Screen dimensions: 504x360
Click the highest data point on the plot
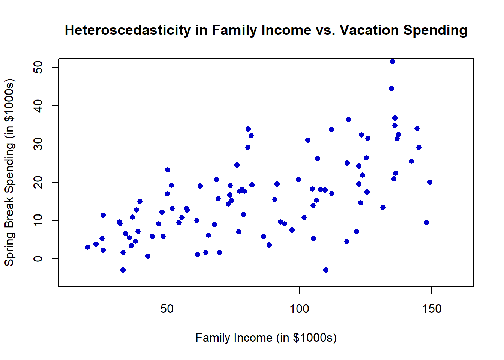(x=393, y=61)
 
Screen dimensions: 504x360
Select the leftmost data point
(x=88, y=247)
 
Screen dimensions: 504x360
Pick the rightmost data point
(x=430, y=182)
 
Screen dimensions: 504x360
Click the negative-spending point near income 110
(x=326, y=270)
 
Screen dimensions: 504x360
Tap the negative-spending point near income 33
(x=123, y=270)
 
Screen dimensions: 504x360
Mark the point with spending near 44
(x=391, y=88)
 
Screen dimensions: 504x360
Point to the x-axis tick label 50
(x=167, y=309)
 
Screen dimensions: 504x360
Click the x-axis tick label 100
(x=299, y=309)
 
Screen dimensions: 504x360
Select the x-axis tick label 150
(x=432, y=309)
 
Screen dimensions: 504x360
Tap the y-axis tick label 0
(x=37, y=258)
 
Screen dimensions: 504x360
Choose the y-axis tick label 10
(x=37, y=220)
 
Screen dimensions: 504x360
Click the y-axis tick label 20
(x=37, y=182)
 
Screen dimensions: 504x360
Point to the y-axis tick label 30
(x=37, y=144)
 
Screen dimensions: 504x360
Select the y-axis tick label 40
(x=37, y=105)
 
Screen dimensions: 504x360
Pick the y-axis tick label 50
(x=37, y=67)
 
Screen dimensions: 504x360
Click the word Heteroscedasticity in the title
(x=128, y=30)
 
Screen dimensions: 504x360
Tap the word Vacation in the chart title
(x=369, y=30)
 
